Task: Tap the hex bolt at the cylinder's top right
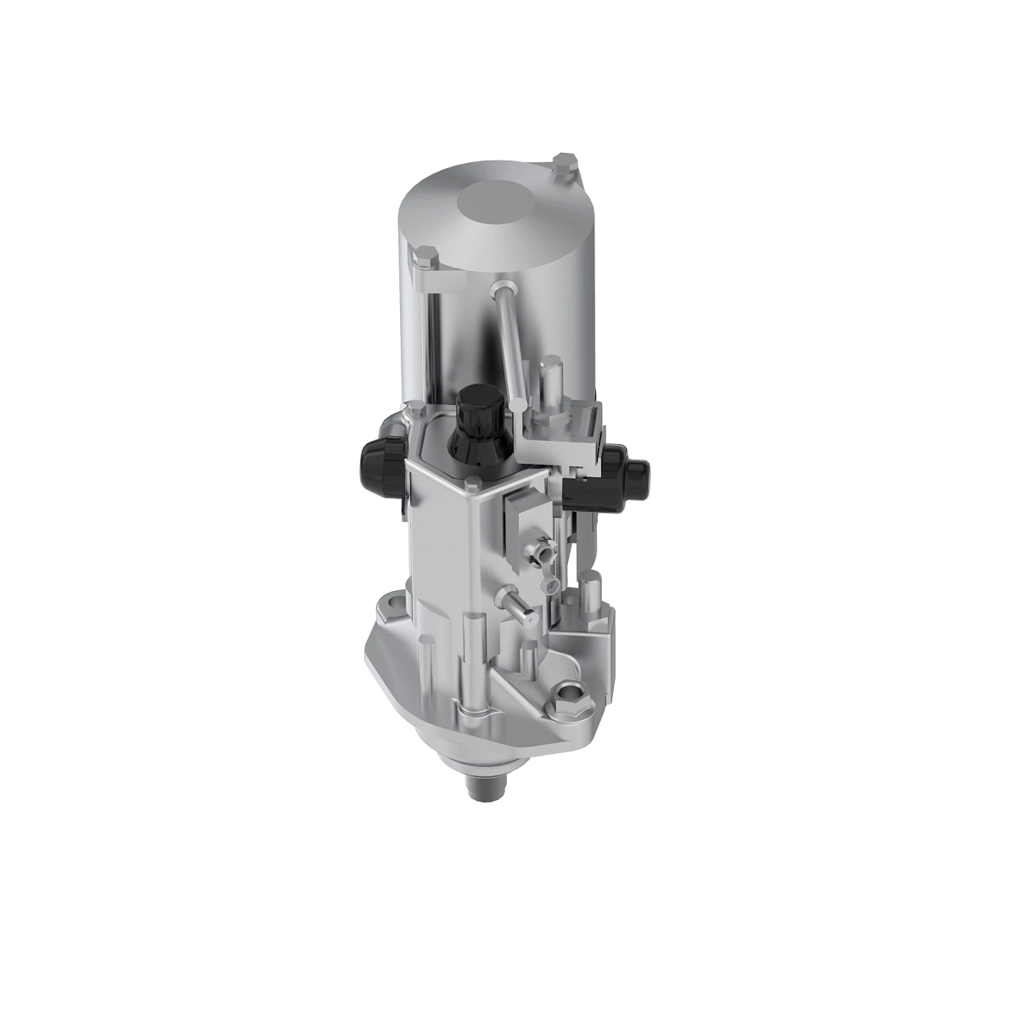[x=564, y=164]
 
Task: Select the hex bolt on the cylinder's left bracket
[x=424, y=256]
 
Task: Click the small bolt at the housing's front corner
[x=472, y=486]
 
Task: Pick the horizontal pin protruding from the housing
[x=518, y=605]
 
